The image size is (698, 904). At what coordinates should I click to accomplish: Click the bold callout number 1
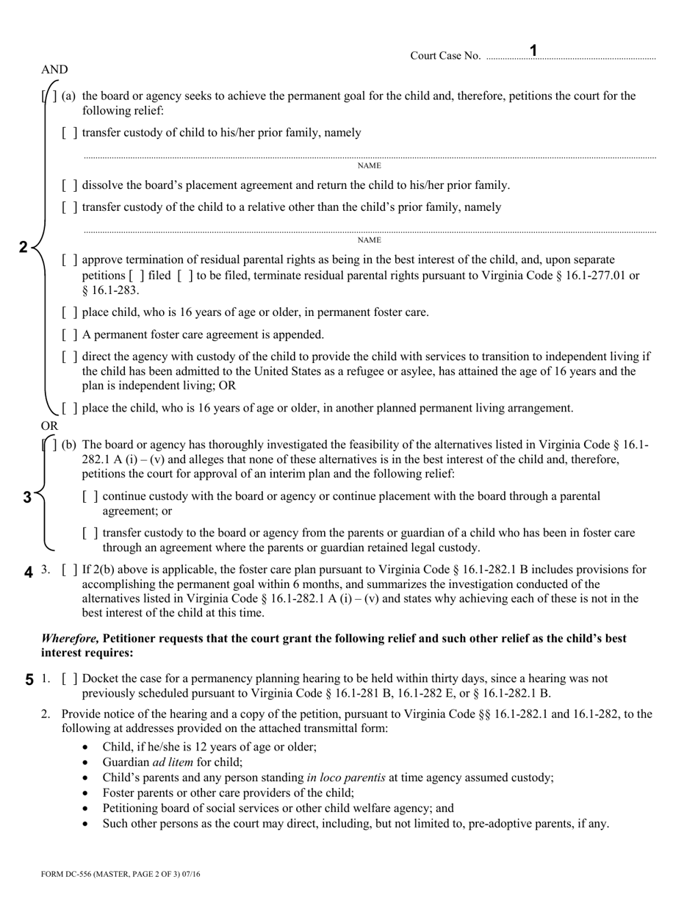(534, 50)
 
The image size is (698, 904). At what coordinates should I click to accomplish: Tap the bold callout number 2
(23, 247)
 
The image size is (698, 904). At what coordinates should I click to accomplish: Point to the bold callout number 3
(27, 497)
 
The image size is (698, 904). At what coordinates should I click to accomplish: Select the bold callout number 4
(29, 571)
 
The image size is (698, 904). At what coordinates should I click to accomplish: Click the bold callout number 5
(29, 680)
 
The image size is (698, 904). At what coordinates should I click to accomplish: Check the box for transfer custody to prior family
(70, 133)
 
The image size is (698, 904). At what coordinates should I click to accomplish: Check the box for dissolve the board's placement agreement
(70, 185)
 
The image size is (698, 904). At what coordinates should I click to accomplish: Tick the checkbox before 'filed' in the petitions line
(136, 276)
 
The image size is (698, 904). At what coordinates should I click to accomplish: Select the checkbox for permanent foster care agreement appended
(70, 335)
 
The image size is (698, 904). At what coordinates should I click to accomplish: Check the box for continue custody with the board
(90, 497)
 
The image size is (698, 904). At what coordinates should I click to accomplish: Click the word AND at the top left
(54, 70)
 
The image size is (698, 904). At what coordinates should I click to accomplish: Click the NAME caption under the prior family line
(369, 165)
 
